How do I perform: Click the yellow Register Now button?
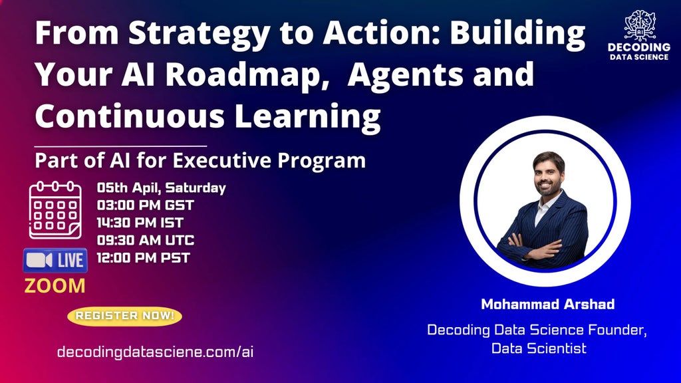click(x=124, y=316)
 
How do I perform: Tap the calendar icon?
click(x=55, y=211)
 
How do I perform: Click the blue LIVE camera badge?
click(x=55, y=260)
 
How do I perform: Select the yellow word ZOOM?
click(x=55, y=286)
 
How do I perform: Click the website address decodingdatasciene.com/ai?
click(x=155, y=352)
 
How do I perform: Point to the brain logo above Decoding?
click(x=639, y=26)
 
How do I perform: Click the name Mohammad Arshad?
click(x=548, y=304)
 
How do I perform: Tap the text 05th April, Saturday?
click(x=161, y=188)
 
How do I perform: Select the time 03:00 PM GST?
click(x=145, y=205)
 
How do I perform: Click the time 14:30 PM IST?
click(x=140, y=223)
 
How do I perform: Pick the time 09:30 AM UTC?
click(x=146, y=240)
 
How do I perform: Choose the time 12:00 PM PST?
click(x=144, y=258)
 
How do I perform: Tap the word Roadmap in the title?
click(x=246, y=75)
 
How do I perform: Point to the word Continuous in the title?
click(x=130, y=116)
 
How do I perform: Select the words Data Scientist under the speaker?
click(x=539, y=348)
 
